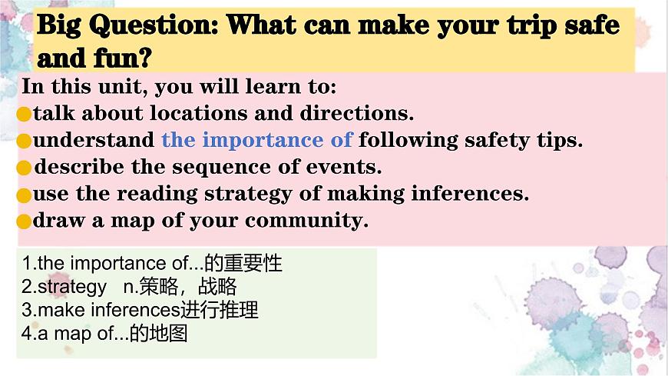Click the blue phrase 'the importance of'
click(x=256, y=141)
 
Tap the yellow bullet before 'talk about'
click(x=24, y=115)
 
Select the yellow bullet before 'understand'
click(x=24, y=141)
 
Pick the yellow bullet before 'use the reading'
click(x=24, y=195)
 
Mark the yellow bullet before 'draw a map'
click(x=24, y=222)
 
